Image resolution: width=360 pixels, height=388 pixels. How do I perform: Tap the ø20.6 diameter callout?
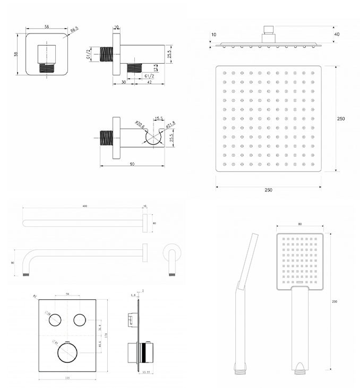coord(139,125)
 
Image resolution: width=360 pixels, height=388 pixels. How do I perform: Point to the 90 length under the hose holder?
coord(139,164)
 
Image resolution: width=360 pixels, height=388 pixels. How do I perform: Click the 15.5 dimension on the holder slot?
coord(159,119)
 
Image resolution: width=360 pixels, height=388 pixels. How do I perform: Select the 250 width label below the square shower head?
coord(269,190)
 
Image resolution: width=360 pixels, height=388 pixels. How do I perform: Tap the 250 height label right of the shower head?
coord(341,119)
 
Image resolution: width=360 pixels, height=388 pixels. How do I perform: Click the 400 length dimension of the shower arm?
coord(84,206)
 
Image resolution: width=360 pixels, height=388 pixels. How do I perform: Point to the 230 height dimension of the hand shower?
coord(334,302)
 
